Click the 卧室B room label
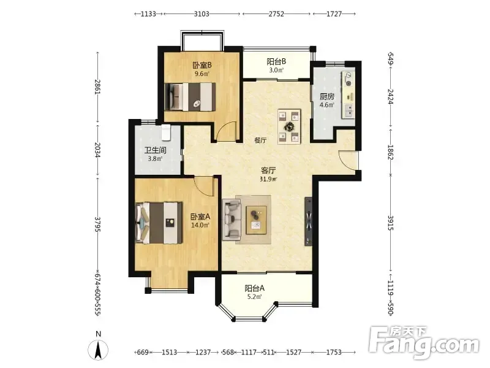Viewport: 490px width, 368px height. (x=202, y=66)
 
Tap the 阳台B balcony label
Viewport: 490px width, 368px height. (x=276, y=61)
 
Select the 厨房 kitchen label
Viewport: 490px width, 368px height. (x=327, y=97)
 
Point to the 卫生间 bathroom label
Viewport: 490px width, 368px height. (x=156, y=150)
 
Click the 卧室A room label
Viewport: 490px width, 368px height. (x=200, y=217)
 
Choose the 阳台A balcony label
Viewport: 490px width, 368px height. (x=255, y=288)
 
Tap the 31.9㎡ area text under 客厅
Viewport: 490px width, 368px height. (x=268, y=179)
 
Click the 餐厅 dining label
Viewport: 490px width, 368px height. (x=260, y=140)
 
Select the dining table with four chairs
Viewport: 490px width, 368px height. (x=289, y=126)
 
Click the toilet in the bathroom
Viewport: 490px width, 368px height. (x=165, y=132)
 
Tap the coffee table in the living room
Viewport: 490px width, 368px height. (x=256, y=220)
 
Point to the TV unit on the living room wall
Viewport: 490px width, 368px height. (x=309, y=221)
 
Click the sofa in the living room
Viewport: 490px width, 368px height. (x=232, y=220)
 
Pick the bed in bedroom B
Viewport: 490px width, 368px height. (x=190, y=97)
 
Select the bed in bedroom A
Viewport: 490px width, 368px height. (x=159, y=223)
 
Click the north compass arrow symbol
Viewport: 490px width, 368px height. (x=98, y=349)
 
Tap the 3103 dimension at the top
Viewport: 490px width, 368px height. (x=202, y=13)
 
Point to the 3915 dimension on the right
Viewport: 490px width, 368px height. (x=391, y=223)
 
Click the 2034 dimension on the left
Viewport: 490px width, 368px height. (x=97, y=150)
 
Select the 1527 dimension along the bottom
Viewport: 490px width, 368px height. (x=294, y=352)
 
